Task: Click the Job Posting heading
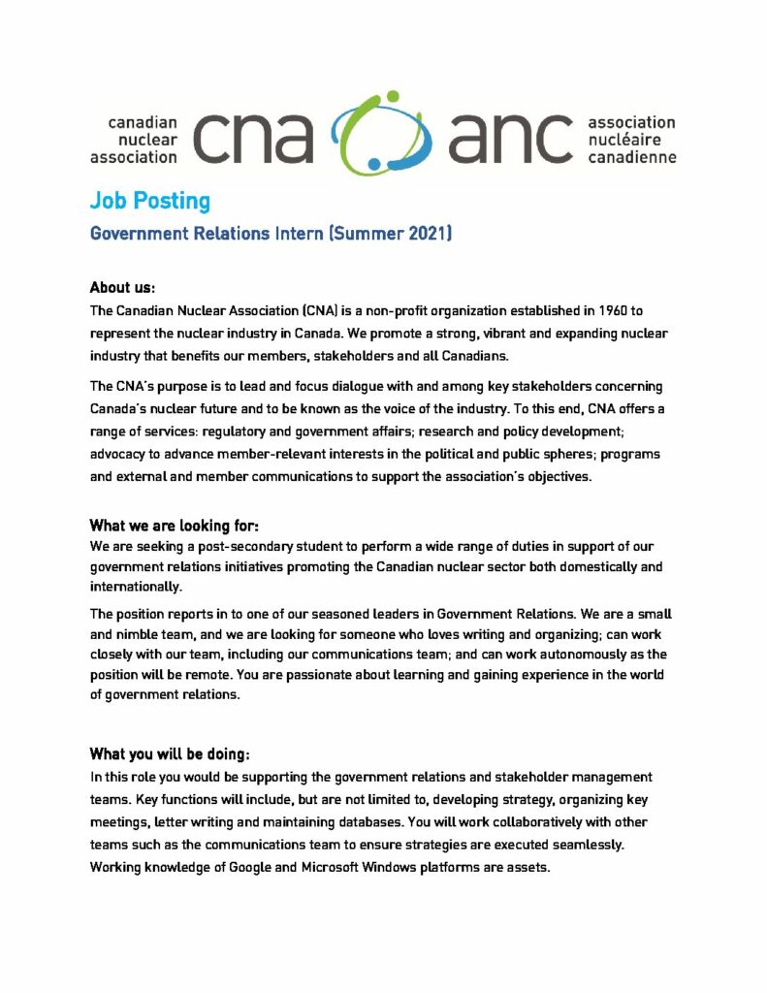pos(149,201)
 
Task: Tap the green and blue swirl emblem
pos(380,135)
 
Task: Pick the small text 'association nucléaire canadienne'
pos(631,139)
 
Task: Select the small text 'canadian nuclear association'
pos(135,139)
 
